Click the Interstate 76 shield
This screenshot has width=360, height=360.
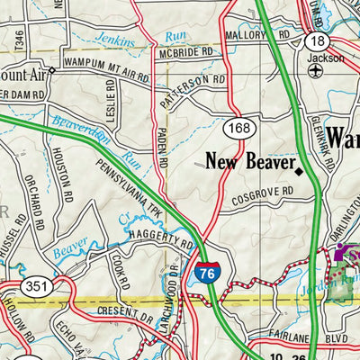click(x=206, y=273)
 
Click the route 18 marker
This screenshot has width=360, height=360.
click(x=315, y=42)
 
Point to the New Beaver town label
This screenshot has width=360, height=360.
click(x=248, y=163)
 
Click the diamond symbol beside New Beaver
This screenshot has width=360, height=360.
click(x=299, y=167)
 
